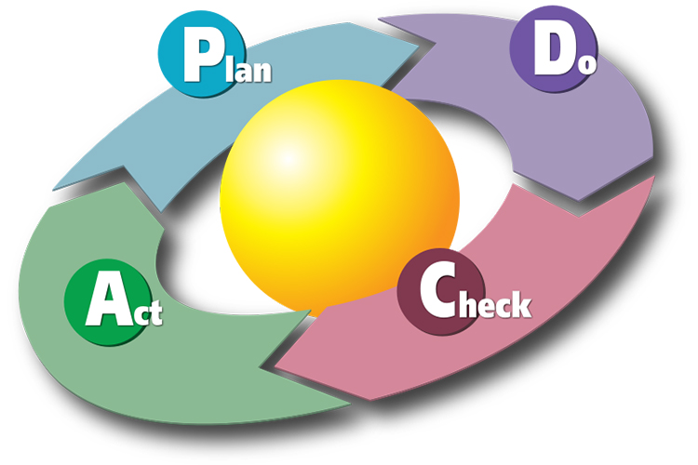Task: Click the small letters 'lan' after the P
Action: [248, 70]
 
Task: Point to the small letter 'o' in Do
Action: [588, 64]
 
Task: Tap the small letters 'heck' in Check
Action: [495, 304]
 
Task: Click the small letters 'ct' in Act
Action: [148, 312]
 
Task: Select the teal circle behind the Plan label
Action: [202, 54]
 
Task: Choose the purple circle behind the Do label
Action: [554, 48]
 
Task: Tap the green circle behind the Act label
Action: [109, 302]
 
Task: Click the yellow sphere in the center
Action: [339, 196]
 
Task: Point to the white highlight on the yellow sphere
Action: [289, 159]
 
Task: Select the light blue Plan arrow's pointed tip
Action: [419, 46]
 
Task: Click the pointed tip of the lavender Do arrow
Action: [579, 200]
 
